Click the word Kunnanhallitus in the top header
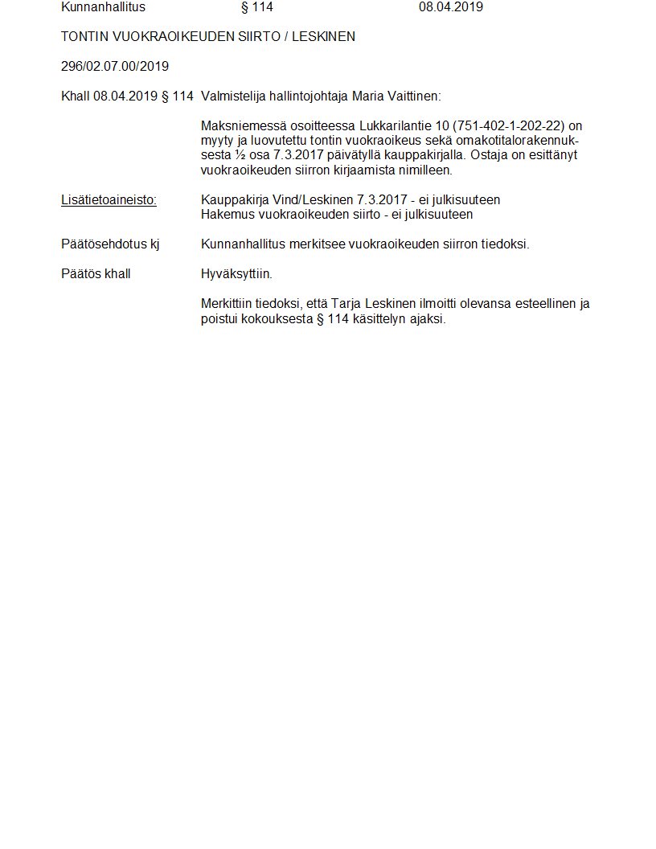point(103,8)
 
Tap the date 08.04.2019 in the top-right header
point(450,8)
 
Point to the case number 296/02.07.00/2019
point(115,67)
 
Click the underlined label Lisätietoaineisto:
point(109,200)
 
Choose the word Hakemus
point(228,215)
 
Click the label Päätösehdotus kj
point(109,244)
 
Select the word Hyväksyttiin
point(236,274)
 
